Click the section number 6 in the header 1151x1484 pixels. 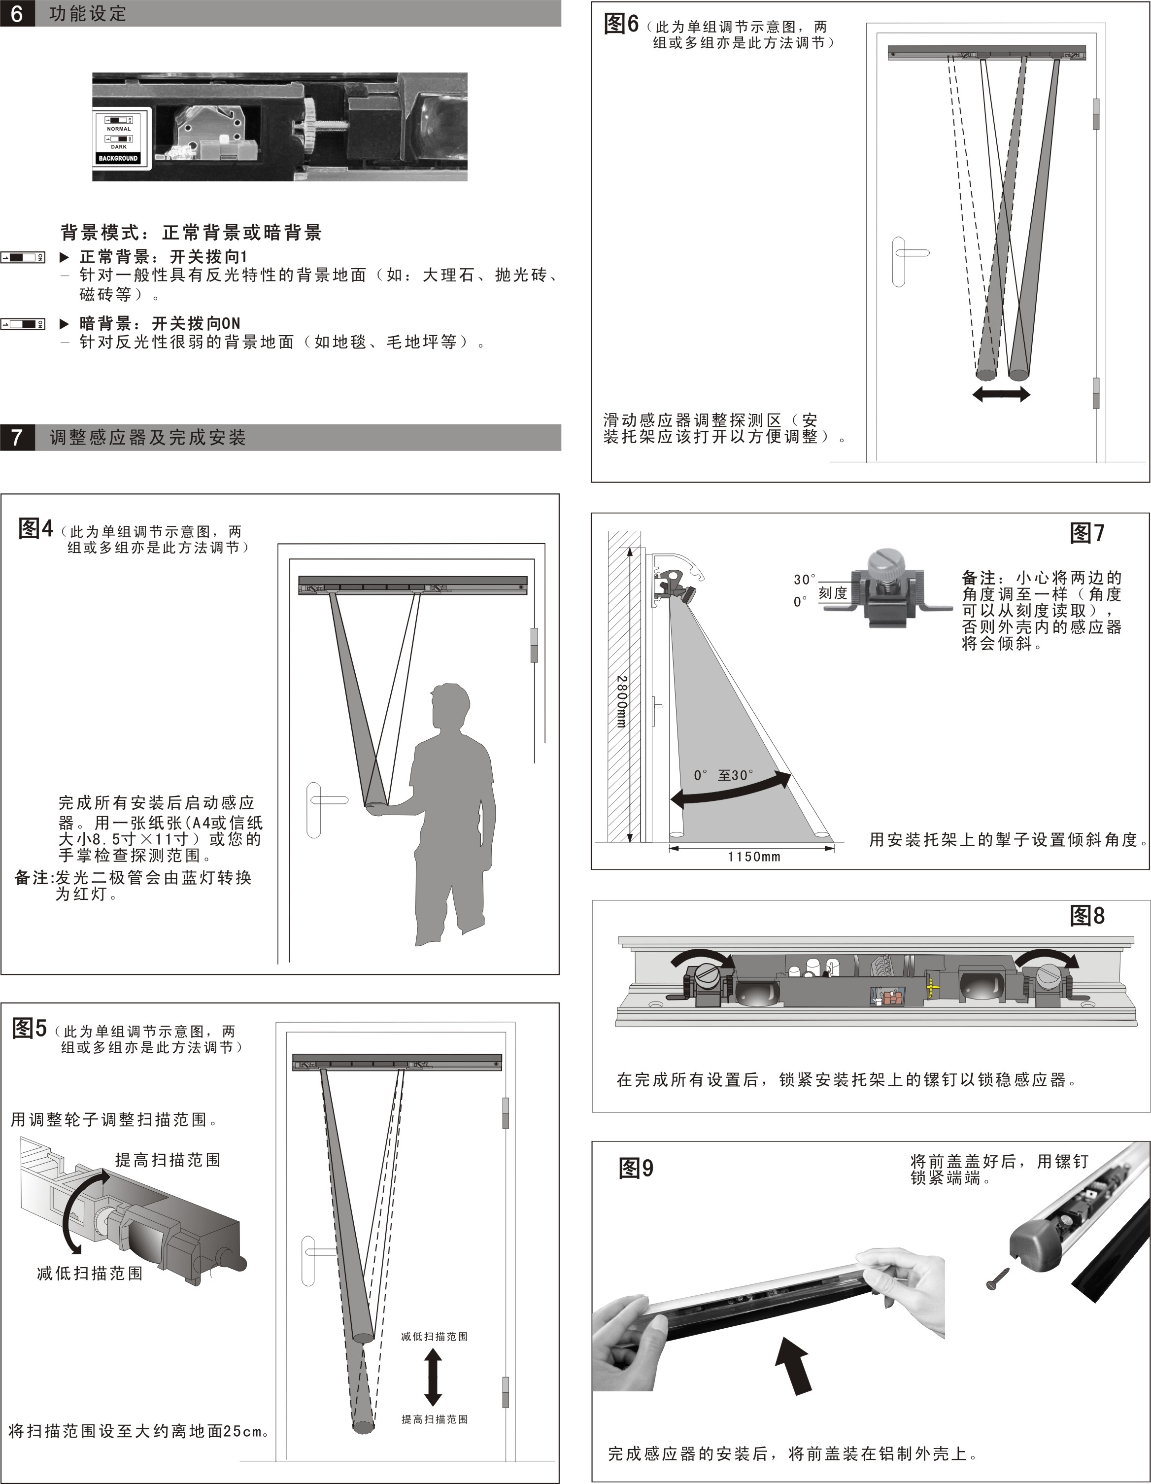(x=16, y=14)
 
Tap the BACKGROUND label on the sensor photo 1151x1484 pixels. (x=118, y=158)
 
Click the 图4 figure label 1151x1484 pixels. (x=35, y=528)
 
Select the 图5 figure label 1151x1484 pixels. (x=29, y=1028)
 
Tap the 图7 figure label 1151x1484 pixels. (x=1087, y=533)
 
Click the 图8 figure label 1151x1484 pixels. (x=1087, y=915)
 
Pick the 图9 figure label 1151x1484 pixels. (x=636, y=1169)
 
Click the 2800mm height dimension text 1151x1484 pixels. (x=621, y=701)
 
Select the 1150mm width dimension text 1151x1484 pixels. (x=753, y=857)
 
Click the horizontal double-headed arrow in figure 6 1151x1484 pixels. (x=1001, y=394)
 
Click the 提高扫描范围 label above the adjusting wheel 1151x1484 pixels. (x=168, y=1160)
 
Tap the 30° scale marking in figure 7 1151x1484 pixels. (x=805, y=580)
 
